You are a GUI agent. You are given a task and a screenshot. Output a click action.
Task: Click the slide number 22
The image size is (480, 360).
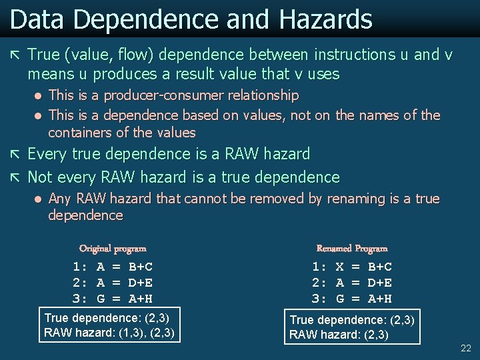click(x=465, y=349)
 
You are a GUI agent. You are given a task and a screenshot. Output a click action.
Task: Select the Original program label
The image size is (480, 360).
click(x=113, y=249)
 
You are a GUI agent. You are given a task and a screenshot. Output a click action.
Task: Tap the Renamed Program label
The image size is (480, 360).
click(x=352, y=249)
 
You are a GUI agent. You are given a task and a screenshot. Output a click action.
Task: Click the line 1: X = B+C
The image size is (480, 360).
click(x=352, y=267)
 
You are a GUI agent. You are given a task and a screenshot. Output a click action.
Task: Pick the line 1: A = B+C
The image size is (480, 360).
click(x=113, y=267)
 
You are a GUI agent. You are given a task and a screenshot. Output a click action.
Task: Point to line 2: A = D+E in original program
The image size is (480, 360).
click(x=113, y=283)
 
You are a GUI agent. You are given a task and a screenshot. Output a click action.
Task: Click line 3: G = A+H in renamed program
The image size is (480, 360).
click(x=352, y=299)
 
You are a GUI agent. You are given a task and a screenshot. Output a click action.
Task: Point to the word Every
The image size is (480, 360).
click(x=47, y=155)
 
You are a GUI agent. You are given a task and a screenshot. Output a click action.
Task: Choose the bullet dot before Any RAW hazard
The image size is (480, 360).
click(x=39, y=199)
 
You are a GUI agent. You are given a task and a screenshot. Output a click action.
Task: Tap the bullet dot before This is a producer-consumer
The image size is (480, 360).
click(x=39, y=95)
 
